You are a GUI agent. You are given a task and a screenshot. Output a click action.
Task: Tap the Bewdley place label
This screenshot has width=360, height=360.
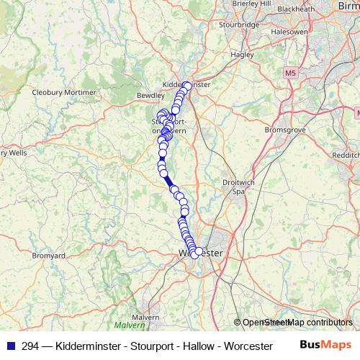(x=150, y=95)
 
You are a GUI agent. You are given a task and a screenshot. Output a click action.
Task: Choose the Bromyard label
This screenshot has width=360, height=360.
(x=49, y=256)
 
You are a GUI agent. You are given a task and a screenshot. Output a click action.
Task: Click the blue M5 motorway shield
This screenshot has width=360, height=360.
(x=289, y=73)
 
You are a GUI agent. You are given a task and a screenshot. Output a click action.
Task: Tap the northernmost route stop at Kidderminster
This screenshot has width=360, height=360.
(x=187, y=86)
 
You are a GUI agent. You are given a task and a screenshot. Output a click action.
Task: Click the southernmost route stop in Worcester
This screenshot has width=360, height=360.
(x=194, y=255)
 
